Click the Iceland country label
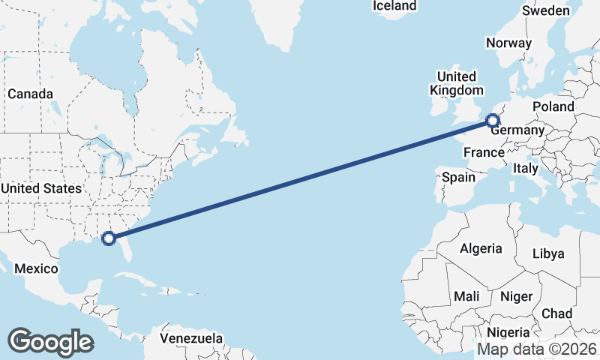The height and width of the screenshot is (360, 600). pos(394,6)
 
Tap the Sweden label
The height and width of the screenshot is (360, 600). pos(546,11)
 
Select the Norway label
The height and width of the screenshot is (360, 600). pos(508,43)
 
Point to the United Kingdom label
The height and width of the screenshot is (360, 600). pos(456,83)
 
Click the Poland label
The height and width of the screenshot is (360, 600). pos(553,106)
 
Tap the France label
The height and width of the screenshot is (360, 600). pos(483,152)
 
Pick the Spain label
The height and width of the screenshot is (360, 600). pos(458,178)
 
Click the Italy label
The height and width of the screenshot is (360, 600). pos(526,169)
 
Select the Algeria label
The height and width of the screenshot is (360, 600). pos(480,248)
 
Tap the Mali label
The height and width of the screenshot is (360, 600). pos(466,297)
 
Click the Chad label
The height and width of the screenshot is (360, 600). pos(556,313)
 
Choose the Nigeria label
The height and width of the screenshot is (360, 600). pos(508,332)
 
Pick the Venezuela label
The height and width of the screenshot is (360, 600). pos(191,338)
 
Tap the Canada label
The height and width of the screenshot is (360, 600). pos(30,94)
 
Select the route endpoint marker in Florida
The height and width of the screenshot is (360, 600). pos(108,238)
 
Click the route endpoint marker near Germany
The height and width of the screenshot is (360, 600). pos(492,120)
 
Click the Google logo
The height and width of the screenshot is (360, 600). pos(50,341)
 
